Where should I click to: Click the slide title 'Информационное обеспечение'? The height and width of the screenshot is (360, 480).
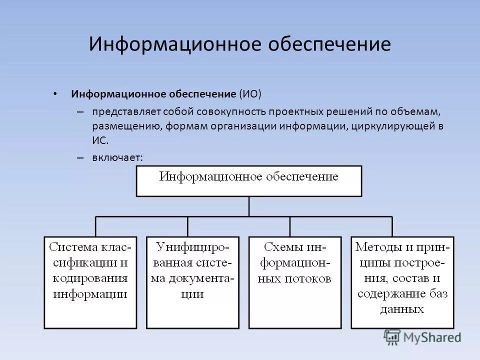pos(239,44)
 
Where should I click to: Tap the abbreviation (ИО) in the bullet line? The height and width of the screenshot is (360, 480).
pos(250,94)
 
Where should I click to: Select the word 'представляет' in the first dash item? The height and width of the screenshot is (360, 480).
pos(118,111)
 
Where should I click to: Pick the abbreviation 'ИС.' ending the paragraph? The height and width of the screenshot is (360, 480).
pos(99,141)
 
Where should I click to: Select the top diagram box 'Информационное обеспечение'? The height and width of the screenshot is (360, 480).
pos(248,180)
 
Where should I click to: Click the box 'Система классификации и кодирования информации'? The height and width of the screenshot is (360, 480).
pos(90,282)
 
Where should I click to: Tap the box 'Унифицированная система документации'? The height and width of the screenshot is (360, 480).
pos(192,282)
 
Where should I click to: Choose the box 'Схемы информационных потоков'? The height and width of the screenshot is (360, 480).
pos(294,282)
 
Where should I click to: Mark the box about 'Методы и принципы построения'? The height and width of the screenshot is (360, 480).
pos(402,282)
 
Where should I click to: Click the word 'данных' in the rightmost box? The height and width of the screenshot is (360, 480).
pos(402,309)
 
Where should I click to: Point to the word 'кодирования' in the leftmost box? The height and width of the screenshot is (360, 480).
pos(90,278)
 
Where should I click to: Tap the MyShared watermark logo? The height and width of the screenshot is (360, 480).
pos(422,337)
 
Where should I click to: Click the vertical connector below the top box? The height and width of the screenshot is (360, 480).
pos(248,206)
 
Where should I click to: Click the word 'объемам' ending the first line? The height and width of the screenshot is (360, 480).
pos(421,111)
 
